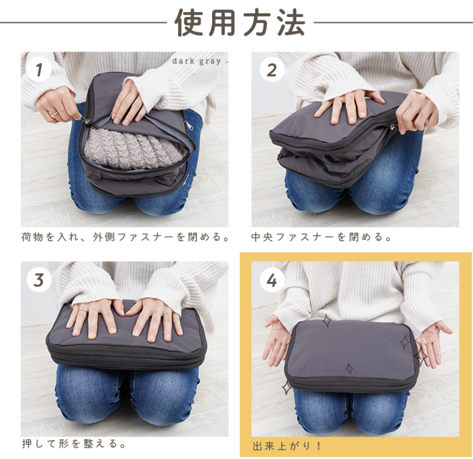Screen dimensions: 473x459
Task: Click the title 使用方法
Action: (240, 22)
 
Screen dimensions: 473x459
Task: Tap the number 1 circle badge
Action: (39, 70)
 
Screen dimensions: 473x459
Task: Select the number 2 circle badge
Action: (272, 70)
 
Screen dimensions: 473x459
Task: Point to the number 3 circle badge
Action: (39, 280)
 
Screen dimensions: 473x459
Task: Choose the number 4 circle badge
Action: (272, 280)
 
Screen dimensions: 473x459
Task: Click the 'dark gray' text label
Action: (197, 61)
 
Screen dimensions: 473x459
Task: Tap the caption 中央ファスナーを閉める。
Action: (320, 237)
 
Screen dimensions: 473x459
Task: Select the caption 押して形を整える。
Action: (73, 444)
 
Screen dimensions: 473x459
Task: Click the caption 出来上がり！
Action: (287, 446)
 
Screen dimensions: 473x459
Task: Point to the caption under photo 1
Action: (125, 237)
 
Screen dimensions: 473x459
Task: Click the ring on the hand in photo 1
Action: (53, 114)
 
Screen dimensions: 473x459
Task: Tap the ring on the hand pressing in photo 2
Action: (338, 100)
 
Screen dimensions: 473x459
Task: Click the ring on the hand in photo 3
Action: (83, 310)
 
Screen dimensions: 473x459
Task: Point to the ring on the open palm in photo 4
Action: (284, 344)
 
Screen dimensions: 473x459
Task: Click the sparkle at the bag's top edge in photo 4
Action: (327, 320)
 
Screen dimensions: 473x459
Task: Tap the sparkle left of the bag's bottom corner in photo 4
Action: (286, 387)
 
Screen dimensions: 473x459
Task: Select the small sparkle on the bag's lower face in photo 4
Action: (350, 368)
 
